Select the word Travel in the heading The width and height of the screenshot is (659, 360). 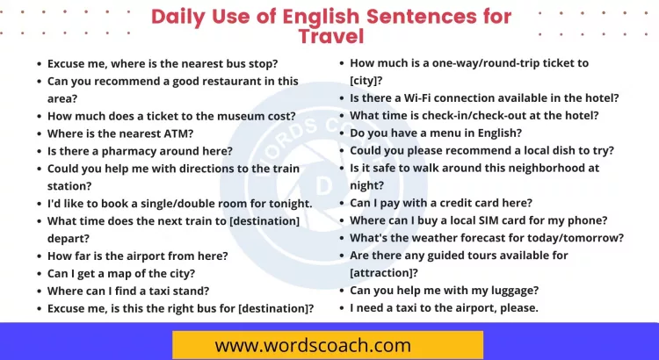point(330,36)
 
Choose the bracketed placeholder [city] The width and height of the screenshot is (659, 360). point(366,81)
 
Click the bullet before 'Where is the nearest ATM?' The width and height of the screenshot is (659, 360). point(39,134)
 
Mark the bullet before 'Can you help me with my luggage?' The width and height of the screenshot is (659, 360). point(341,291)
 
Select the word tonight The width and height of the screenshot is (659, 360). point(283,204)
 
